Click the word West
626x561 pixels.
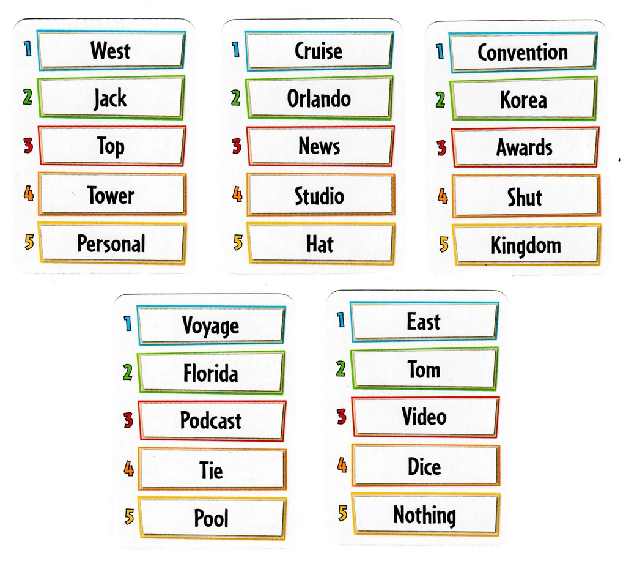tap(111, 50)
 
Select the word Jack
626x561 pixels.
tap(110, 98)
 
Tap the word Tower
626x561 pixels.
tap(111, 195)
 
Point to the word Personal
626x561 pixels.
tap(111, 243)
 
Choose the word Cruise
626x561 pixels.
tap(319, 51)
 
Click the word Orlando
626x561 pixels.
tap(319, 98)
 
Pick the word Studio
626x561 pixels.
tap(319, 196)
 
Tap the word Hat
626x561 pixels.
tap(319, 243)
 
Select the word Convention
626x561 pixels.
tap(523, 53)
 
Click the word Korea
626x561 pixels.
tap(523, 100)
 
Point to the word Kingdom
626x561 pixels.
tap(525, 246)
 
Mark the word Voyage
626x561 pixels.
tap(211, 327)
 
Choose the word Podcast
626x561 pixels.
tap(211, 420)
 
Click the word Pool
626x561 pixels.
tap(211, 518)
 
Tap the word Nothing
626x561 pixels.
tap(424, 515)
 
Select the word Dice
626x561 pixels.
tap(424, 466)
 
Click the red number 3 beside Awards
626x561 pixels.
tap(441, 148)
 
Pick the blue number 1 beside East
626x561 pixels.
tap(341, 320)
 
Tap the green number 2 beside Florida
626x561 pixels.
tap(127, 372)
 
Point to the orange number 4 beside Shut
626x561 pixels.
tap(443, 196)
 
